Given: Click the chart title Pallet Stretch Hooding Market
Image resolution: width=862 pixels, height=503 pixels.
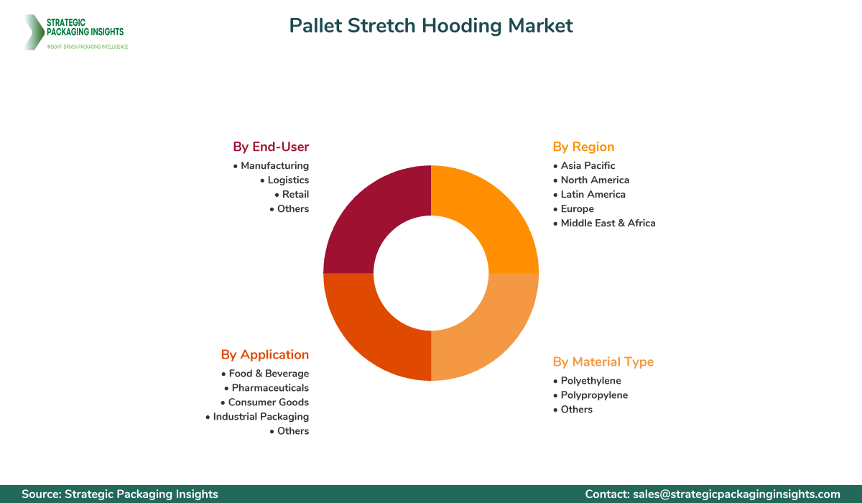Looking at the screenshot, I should (431, 26).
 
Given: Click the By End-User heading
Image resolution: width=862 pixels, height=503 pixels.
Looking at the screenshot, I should (271, 147).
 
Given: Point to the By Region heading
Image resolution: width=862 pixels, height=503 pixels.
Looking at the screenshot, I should (583, 147).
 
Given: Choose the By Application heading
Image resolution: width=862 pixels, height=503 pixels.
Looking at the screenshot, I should (265, 354).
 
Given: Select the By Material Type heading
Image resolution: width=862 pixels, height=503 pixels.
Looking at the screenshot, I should (603, 361).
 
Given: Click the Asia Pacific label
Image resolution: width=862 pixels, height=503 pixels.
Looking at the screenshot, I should (588, 165).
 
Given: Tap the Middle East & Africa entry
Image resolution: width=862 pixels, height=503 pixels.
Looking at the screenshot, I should (608, 223).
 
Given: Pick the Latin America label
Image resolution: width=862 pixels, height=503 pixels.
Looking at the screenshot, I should (593, 194).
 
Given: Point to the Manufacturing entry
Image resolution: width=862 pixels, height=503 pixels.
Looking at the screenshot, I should (274, 165).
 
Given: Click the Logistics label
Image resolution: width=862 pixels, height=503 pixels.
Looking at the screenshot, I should (288, 180).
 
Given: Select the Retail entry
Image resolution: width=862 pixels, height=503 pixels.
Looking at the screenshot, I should (295, 194).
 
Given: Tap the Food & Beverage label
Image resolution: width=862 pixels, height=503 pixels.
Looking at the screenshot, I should (269, 374).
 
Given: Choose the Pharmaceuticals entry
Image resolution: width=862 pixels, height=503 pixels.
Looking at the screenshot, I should (270, 388).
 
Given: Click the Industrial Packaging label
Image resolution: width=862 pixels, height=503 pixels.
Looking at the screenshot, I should (261, 417).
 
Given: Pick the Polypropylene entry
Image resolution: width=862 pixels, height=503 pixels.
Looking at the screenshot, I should (594, 395).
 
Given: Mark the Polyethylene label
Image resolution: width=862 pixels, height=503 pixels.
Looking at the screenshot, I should (590, 381).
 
